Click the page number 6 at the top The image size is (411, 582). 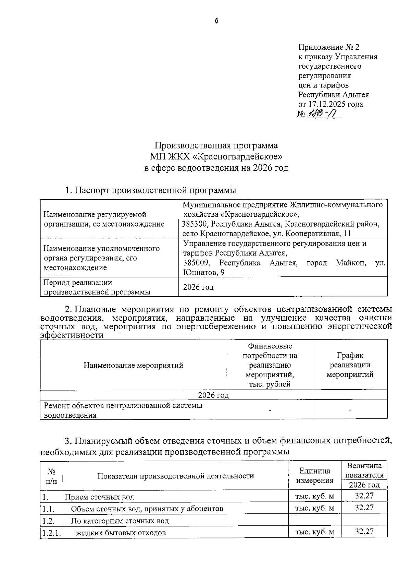216,21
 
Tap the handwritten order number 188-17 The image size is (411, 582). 322,113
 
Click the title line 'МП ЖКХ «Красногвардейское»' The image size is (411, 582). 216,157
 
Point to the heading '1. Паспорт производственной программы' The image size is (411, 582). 151,190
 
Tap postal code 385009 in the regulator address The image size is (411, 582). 196,263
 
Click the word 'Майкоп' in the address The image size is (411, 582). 351,263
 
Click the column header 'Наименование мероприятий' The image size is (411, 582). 133,365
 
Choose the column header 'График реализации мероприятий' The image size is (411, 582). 350,365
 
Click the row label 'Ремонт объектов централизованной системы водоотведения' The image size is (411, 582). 123,410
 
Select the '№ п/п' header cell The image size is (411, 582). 51,476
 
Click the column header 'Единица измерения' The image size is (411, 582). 314,475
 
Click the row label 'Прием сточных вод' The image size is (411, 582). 100,497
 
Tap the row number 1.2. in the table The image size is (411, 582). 49,521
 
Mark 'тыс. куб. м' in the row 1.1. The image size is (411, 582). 314,508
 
